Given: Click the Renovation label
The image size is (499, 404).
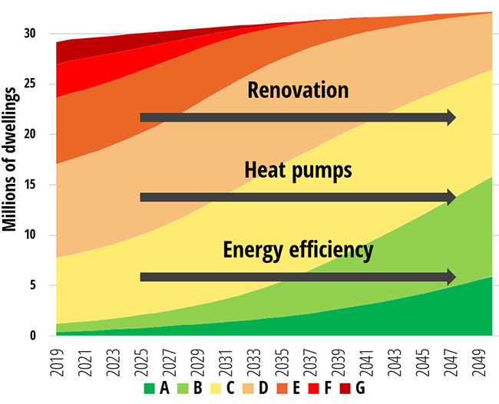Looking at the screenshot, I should point(298,90).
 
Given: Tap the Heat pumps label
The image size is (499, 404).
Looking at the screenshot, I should point(298,170).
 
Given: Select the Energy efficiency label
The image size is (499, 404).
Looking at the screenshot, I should point(298,250).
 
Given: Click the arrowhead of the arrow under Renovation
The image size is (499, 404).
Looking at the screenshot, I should point(451,117).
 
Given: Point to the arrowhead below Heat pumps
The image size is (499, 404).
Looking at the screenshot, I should point(451,197).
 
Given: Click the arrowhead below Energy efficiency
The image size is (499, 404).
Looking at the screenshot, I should point(451,277).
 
